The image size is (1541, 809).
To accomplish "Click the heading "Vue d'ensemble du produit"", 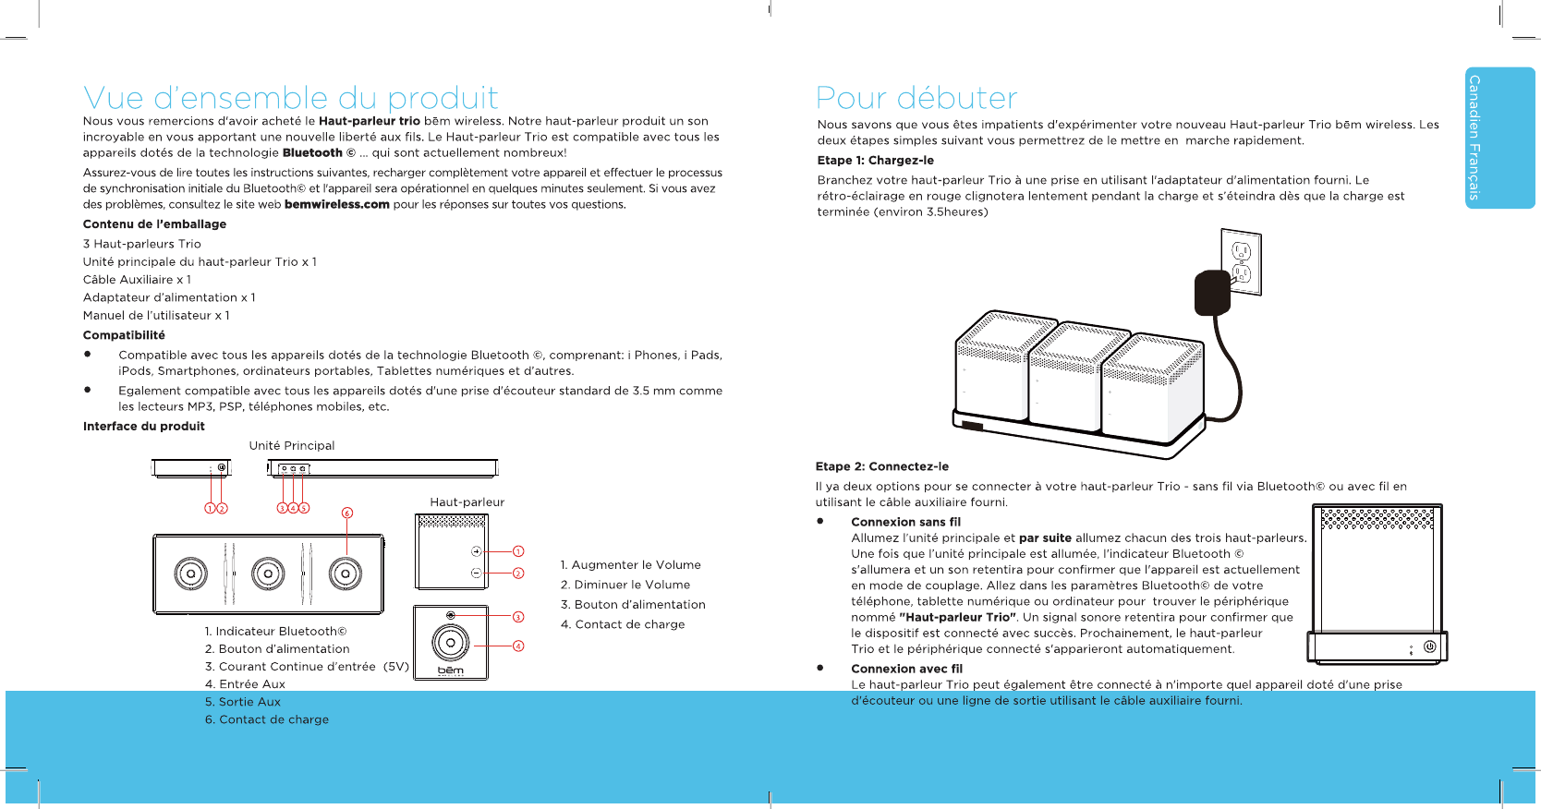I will point(290,98).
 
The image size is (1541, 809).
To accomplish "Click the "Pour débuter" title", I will point(916,98).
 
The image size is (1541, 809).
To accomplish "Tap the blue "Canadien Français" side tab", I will point(1499,138).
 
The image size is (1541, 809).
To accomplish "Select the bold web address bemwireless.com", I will point(336,205).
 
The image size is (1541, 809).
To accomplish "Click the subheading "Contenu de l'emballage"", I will point(154,224).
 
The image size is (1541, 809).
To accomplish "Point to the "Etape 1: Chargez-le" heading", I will point(875,161).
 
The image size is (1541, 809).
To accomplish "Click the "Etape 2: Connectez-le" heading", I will point(881,467).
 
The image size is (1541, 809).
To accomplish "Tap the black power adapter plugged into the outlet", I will point(1212,293).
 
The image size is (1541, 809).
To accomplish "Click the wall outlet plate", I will point(1242,261).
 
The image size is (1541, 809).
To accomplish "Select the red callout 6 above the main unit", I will point(347,513).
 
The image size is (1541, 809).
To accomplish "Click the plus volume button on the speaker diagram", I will point(477,551).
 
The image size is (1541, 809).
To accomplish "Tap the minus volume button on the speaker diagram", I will point(477,574).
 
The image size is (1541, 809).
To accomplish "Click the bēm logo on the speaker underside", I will point(451,670).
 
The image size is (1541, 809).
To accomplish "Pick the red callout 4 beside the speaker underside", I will point(518,646).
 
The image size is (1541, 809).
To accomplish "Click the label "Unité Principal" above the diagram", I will point(292,446).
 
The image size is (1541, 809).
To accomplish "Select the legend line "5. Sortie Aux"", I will point(242,702).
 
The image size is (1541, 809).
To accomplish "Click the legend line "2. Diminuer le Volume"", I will point(625,586).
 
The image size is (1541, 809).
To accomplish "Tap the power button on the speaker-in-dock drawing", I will point(1429,646).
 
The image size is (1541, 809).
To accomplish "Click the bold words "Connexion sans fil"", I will point(905,523).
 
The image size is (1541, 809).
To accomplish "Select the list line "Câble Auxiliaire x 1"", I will point(137,280).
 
